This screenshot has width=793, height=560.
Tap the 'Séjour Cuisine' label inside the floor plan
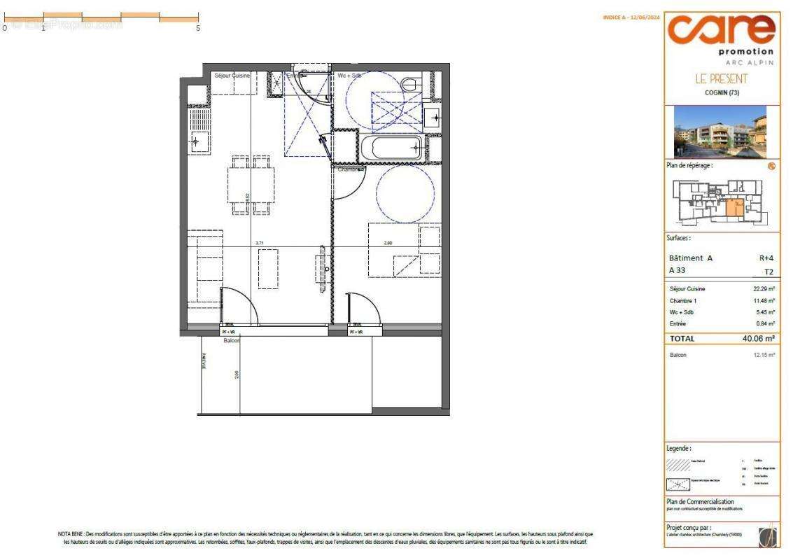(x=232, y=75)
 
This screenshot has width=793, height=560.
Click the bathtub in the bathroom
(x=391, y=148)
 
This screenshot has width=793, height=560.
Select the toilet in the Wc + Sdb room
(x=411, y=84)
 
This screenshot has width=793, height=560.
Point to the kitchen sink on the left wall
(x=197, y=141)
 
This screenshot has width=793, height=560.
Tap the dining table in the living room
(x=251, y=184)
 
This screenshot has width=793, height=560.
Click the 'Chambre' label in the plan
(x=351, y=169)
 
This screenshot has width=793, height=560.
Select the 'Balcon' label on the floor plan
(x=231, y=341)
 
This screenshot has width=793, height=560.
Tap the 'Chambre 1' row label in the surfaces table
(x=684, y=300)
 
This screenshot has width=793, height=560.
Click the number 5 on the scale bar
(x=199, y=28)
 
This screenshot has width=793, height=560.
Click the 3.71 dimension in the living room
(x=260, y=243)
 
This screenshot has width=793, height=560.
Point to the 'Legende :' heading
(x=680, y=447)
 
